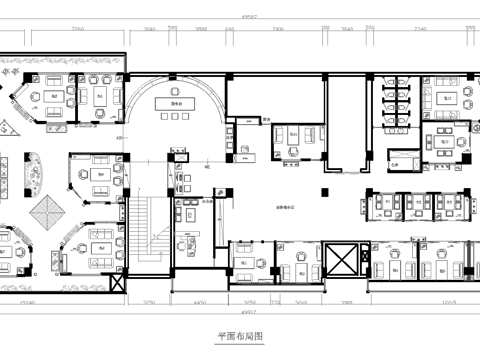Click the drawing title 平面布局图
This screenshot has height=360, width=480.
click(x=239, y=338)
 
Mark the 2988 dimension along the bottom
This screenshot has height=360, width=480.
click(x=348, y=301)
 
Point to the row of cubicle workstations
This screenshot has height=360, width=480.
click(x=415, y=205)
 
